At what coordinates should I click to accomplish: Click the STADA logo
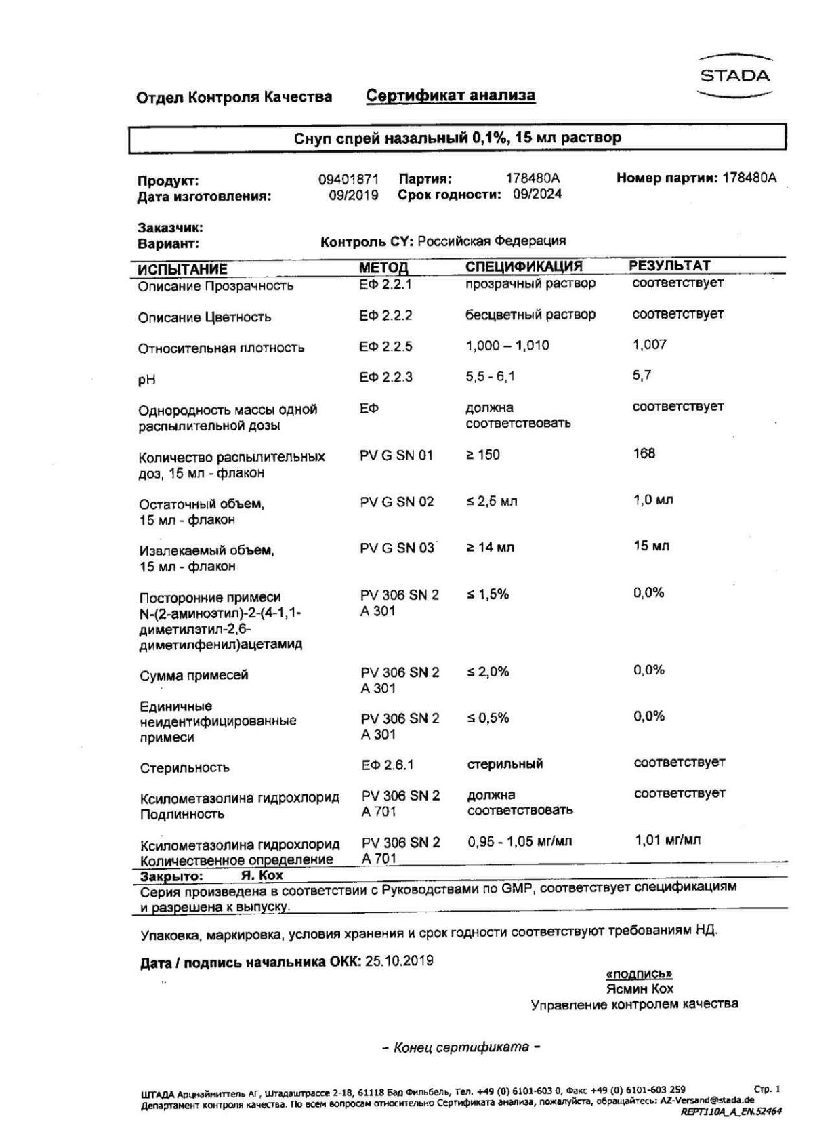point(735,76)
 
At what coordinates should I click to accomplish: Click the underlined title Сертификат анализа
point(451,96)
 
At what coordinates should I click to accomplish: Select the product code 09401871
point(348,180)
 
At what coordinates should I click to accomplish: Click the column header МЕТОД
point(383,268)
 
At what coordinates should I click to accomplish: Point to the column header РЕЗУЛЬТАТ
point(669,266)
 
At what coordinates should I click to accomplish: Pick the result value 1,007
point(649,345)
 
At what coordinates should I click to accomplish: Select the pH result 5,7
point(642,375)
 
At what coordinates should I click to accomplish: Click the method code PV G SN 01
point(396,455)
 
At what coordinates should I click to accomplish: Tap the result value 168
point(644,453)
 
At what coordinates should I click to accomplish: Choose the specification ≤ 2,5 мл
point(492,502)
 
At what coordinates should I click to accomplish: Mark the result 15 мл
point(651,546)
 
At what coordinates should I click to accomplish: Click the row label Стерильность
point(184,768)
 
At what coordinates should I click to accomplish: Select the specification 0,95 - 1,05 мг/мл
point(520,842)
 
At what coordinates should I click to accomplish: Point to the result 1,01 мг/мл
point(667,841)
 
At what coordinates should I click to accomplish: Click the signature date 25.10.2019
point(399,961)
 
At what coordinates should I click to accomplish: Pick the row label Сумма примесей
point(194,676)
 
